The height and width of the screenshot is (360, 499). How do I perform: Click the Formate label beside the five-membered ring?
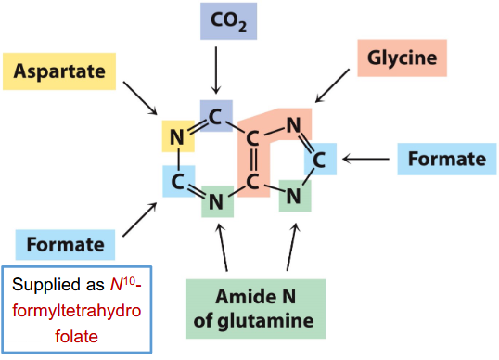[x=442, y=159]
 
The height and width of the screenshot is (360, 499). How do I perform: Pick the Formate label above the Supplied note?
[x=65, y=244]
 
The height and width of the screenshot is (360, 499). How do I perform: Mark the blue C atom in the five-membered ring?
[x=319, y=159]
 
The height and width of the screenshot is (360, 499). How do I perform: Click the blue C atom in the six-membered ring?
[x=176, y=179]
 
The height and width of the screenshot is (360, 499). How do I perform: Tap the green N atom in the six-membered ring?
[x=215, y=199]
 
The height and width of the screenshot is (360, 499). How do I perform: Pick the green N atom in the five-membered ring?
[x=292, y=195]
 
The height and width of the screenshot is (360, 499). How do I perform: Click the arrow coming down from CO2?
[x=216, y=70]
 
